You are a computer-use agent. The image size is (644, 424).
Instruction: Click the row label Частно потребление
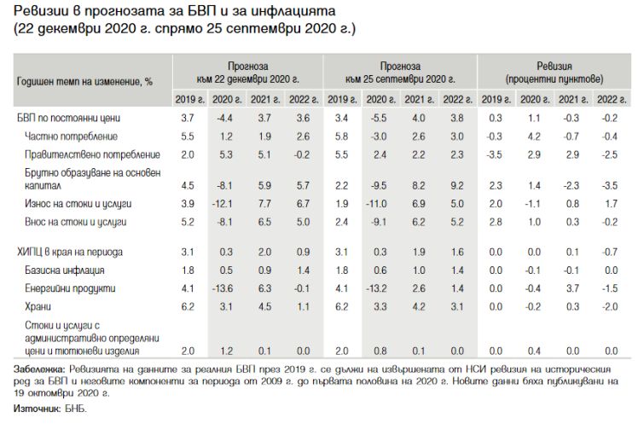pos(71,136)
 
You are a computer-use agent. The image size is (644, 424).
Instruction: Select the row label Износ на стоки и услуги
pos(78,204)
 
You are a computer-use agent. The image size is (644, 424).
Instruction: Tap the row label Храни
pos(38,306)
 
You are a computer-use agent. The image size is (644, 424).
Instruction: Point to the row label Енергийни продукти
pos(70,288)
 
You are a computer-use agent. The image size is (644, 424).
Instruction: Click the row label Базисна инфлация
pos(65,270)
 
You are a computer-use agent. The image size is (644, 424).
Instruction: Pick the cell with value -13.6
pos(223,288)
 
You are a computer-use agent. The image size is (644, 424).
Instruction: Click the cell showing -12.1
pos(223,204)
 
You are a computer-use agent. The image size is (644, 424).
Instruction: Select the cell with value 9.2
pos(457,186)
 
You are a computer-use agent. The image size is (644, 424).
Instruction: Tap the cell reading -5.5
pos(378,119)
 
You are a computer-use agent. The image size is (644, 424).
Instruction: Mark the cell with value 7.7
pos(264,204)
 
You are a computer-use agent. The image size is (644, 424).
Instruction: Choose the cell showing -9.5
pos(378,186)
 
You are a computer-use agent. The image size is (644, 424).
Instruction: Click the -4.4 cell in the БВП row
pos(224,119)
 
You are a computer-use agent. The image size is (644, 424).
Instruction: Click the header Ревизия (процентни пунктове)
pos(554,73)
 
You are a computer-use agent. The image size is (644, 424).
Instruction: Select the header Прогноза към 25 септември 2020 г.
pos(400,73)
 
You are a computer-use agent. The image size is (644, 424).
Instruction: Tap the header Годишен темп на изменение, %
pos(84,81)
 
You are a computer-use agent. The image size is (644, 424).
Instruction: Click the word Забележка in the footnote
pos(39,369)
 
